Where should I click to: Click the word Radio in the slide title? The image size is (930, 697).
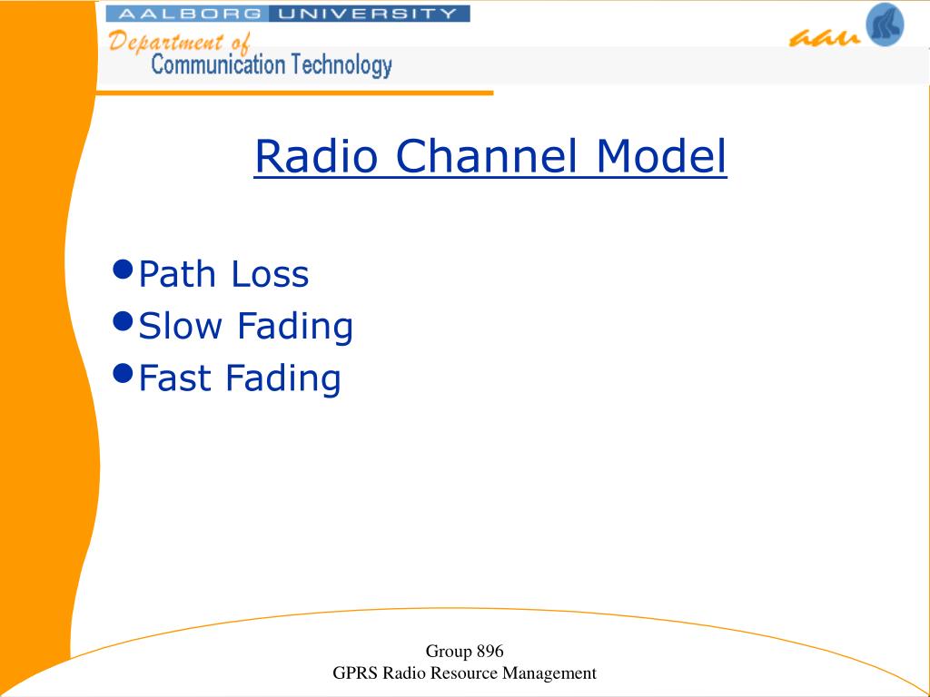316,156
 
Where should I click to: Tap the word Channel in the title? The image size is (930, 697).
486,156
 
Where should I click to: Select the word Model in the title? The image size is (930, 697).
661,156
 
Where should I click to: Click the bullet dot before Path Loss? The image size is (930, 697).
123,270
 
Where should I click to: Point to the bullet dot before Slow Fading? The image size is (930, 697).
123,321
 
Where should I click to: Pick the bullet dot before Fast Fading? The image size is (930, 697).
123,373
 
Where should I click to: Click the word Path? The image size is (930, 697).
177,274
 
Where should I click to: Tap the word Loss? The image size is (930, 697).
270,274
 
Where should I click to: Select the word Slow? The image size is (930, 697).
181,326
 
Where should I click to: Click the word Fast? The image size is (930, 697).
174,378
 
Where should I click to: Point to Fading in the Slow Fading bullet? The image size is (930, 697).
295,328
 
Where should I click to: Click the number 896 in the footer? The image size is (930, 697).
490,651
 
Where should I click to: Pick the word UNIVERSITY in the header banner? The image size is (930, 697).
367,13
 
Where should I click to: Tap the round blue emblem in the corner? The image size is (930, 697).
885,24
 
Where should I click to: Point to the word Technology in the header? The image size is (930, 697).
337,65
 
